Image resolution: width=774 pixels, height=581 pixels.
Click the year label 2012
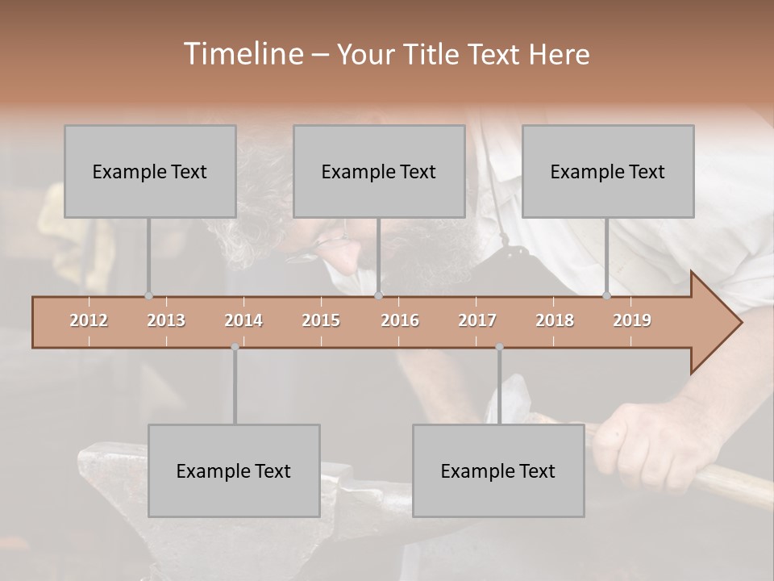pos(89,320)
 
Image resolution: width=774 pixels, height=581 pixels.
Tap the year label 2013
pos(166,320)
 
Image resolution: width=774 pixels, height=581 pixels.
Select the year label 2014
pos(243,320)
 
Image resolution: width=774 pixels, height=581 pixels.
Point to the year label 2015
pos(321,320)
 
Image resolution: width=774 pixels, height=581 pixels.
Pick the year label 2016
pos(400,320)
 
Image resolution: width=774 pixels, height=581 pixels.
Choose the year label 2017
pos(477,320)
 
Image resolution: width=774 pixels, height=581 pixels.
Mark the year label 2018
pos(555,320)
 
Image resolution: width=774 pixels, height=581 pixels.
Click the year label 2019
pos(632,320)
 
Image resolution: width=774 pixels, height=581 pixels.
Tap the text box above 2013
pos(150,171)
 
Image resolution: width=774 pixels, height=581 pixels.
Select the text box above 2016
pos(379,171)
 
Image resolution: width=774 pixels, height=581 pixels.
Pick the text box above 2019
pos(608,171)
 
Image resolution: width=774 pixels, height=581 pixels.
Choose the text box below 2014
pos(234,470)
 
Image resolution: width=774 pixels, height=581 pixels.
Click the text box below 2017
pos(498,470)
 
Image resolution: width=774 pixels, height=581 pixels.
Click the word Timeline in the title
pos(243,54)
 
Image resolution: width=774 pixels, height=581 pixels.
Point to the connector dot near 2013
pos(148,296)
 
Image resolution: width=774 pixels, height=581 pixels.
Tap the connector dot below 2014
pos(235,347)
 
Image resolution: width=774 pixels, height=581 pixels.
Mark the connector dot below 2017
pos(499,347)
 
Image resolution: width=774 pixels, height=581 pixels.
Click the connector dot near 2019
pos(606,296)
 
